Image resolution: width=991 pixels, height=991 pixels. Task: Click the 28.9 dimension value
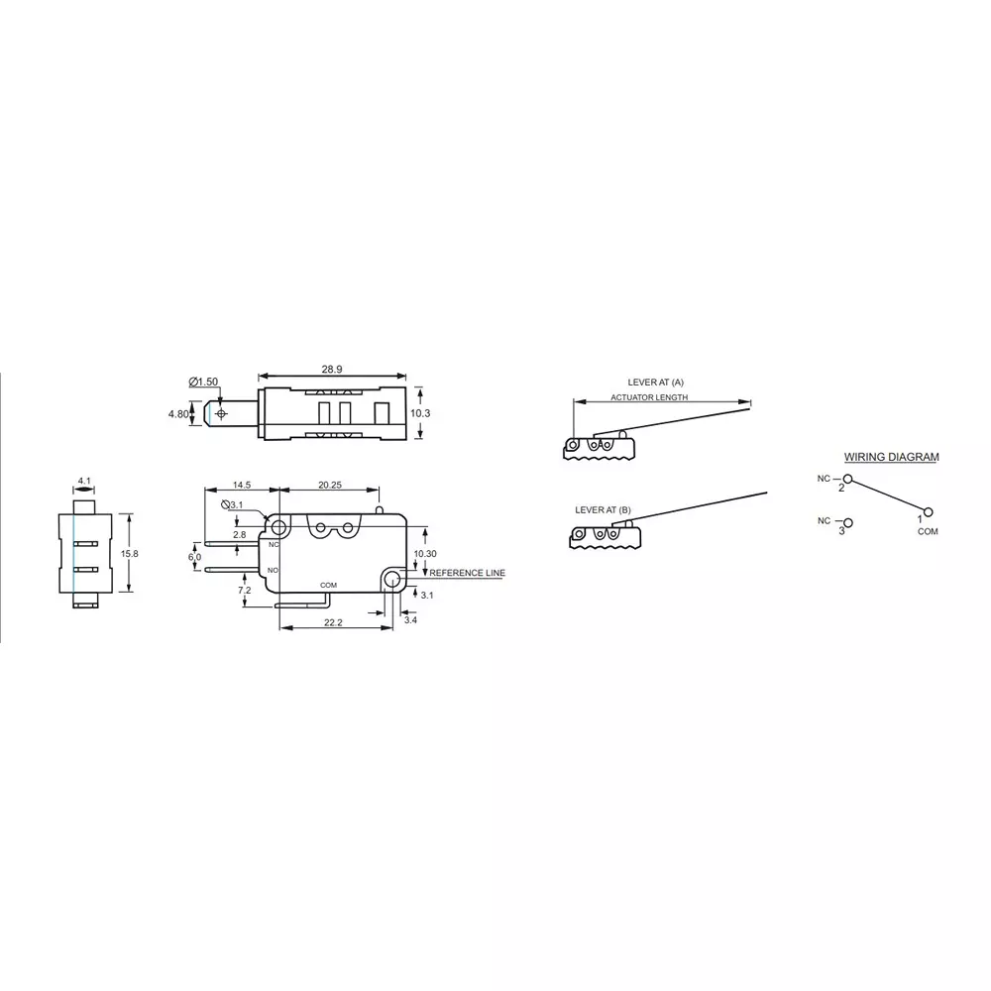point(331,369)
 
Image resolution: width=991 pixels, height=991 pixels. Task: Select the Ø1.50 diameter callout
point(203,383)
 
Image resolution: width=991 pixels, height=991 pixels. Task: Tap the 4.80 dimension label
point(178,414)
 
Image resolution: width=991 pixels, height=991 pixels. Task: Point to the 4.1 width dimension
point(83,483)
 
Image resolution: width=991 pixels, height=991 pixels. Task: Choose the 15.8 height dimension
point(129,554)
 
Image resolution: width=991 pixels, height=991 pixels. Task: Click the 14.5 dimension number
point(241,485)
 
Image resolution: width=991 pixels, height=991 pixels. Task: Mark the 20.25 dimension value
point(331,485)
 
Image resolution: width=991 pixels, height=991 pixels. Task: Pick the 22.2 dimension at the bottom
point(332,622)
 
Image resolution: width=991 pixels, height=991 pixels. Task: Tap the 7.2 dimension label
point(244,591)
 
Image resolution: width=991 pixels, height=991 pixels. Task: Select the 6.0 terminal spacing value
point(194,558)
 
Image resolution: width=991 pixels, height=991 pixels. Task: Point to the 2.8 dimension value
point(240,535)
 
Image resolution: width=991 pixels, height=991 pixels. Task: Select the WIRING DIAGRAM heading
point(891,458)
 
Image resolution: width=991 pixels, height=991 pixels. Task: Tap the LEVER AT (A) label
point(656,382)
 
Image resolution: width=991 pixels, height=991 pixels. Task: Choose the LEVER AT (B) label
point(603,509)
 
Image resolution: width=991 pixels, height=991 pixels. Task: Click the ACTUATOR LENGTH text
point(649,397)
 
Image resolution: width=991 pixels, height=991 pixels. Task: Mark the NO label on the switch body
point(273,571)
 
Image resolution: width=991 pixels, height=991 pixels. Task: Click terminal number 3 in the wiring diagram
point(841,531)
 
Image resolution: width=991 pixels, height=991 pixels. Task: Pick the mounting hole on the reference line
point(393,580)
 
